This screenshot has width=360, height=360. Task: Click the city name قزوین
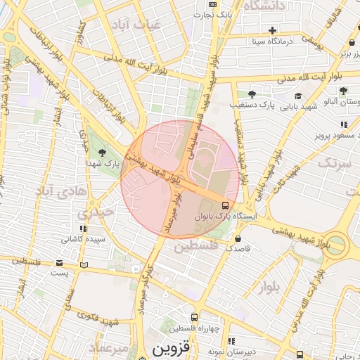click(x=171, y=348)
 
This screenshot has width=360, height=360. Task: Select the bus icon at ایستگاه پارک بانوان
click(x=225, y=205)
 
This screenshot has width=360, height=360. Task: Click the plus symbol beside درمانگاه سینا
click(x=272, y=30)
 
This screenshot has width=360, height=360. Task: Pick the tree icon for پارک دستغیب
click(x=252, y=94)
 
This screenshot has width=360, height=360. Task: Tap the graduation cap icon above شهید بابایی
click(x=297, y=96)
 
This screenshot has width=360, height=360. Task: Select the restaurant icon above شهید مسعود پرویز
click(x=343, y=124)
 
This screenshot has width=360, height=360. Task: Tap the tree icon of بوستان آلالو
click(x=343, y=91)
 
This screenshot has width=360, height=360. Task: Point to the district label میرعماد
click(x=108, y=348)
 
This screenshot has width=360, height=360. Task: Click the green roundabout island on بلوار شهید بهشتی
click(x=336, y=245)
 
